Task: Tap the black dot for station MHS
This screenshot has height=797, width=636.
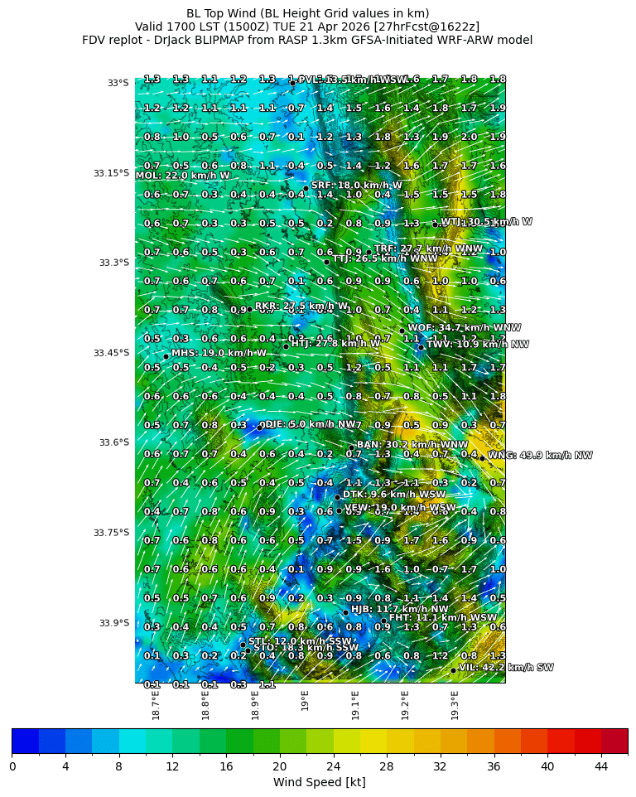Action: (x=166, y=357)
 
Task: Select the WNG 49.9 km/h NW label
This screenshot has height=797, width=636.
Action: (x=540, y=456)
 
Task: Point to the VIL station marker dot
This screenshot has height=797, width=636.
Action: (x=453, y=670)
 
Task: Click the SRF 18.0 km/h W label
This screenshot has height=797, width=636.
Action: (x=356, y=186)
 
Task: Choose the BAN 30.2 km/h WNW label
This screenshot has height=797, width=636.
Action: (x=412, y=445)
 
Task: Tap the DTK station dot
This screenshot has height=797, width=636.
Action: (x=337, y=498)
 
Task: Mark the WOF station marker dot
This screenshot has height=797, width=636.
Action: (x=402, y=331)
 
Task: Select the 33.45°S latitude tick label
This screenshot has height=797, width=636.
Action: (x=111, y=353)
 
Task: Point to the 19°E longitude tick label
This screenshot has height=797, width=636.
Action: (x=305, y=700)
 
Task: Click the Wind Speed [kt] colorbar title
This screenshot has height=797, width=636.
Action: (x=319, y=782)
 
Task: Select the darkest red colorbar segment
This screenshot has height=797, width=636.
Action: (x=614, y=741)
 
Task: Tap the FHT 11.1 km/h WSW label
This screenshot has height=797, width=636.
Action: (x=443, y=618)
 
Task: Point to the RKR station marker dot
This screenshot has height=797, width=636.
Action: (x=249, y=309)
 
